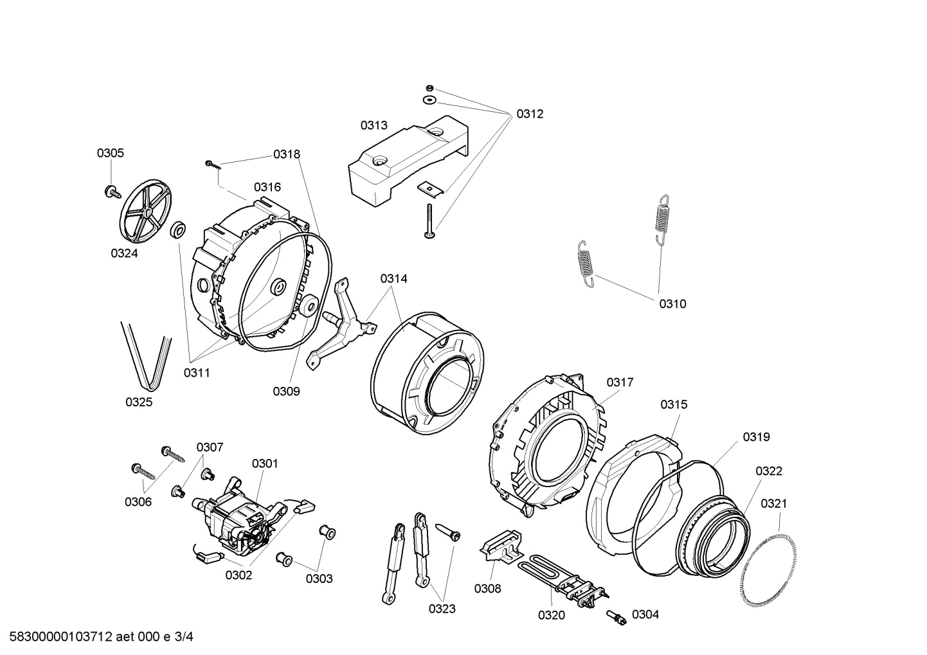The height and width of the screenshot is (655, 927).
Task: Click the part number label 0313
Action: (373, 125)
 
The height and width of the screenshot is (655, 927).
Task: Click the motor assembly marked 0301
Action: (238, 517)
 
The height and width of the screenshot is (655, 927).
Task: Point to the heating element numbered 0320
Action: (562, 579)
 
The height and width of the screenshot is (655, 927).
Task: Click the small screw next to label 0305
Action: (113, 190)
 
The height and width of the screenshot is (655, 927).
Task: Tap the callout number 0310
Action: (672, 304)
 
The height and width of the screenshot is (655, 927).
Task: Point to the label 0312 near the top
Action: (530, 114)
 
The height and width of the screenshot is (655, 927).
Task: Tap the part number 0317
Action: (620, 382)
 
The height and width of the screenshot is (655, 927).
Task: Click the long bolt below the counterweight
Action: (429, 222)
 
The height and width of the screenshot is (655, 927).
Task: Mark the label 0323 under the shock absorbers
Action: (442, 609)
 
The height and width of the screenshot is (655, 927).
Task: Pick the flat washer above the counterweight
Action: (429, 100)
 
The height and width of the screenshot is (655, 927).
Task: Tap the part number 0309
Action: (286, 391)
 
